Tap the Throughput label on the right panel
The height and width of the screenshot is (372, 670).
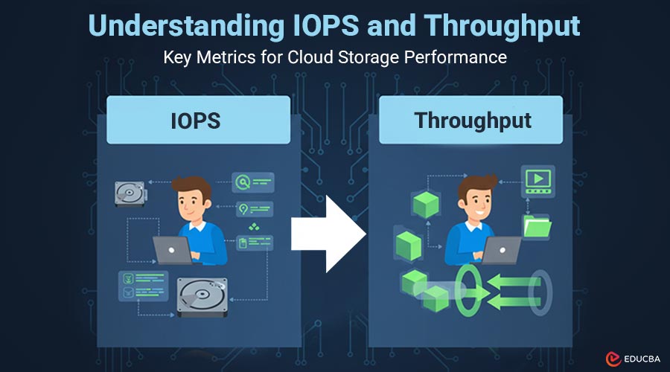click(473, 120)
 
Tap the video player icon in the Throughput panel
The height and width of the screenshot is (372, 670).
click(537, 179)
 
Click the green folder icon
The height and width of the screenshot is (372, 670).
click(537, 225)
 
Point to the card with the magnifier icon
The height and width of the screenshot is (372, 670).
click(252, 182)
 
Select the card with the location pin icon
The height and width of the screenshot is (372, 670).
click(252, 210)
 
